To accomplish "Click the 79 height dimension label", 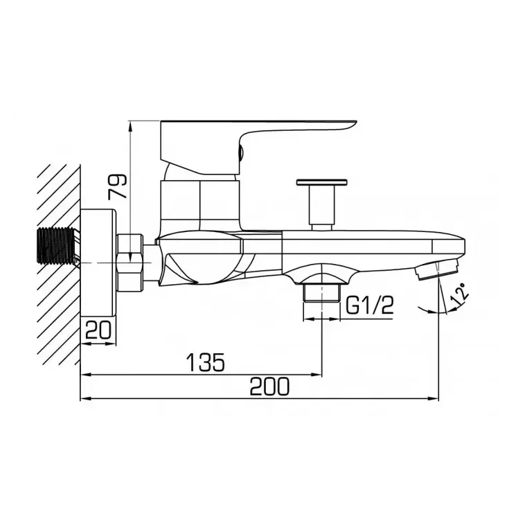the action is [x=117, y=186].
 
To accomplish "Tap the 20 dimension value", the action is [x=98, y=330].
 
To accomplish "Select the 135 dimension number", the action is [x=205, y=362].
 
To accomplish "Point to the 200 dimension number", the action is [x=269, y=386].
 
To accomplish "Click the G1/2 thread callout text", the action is [x=370, y=305].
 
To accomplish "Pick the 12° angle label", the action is [x=461, y=294].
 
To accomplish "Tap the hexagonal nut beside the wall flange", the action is [x=130, y=263].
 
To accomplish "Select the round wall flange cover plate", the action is [x=98, y=263].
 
